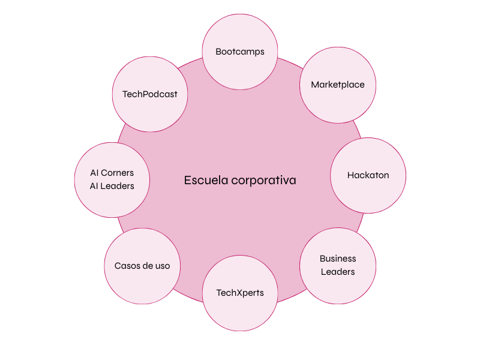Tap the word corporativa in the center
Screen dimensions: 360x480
point(264,180)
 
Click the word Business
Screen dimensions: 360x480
point(338,259)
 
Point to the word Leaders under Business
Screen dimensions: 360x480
point(338,272)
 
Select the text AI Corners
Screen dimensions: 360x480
point(112,173)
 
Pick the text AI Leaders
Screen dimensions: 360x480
point(112,186)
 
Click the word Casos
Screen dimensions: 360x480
point(127,266)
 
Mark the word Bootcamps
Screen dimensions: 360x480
point(240,52)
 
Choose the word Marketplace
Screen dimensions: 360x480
point(338,85)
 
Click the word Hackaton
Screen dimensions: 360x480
point(368,175)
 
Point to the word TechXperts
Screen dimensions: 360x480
point(240,293)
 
